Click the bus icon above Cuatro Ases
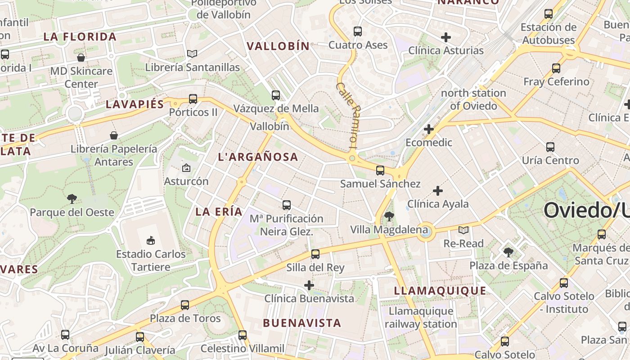pyautogui.click(x=358, y=31)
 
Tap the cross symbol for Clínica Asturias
pyautogui.click(x=446, y=37)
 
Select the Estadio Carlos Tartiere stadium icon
pyautogui.click(x=151, y=241)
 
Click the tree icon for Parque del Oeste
pyautogui.click(x=72, y=198)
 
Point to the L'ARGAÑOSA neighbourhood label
pyautogui.click(x=258, y=157)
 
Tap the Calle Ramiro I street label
pyautogui.click(x=347, y=115)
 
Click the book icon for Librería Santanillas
pyautogui.click(x=192, y=54)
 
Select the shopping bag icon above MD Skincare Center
pyautogui.click(x=81, y=58)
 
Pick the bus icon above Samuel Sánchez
pyautogui.click(x=380, y=170)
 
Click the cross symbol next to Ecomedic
pyautogui.click(x=429, y=130)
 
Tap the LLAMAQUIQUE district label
pyautogui.click(x=440, y=291)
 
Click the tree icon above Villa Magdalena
pyautogui.click(x=389, y=216)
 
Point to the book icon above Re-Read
pyautogui.click(x=463, y=230)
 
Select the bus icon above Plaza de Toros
pyautogui.click(x=185, y=305)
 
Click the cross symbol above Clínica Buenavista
pyautogui.click(x=309, y=285)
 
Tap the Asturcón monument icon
pyautogui.click(x=186, y=168)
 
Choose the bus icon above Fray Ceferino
pyautogui.click(x=556, y=68)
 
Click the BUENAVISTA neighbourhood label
pyautogui.click(x=302, y=323)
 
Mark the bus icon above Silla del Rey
pyautogui.click(x=315, y=254)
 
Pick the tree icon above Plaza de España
pyautogui.click(x=508, y=252)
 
